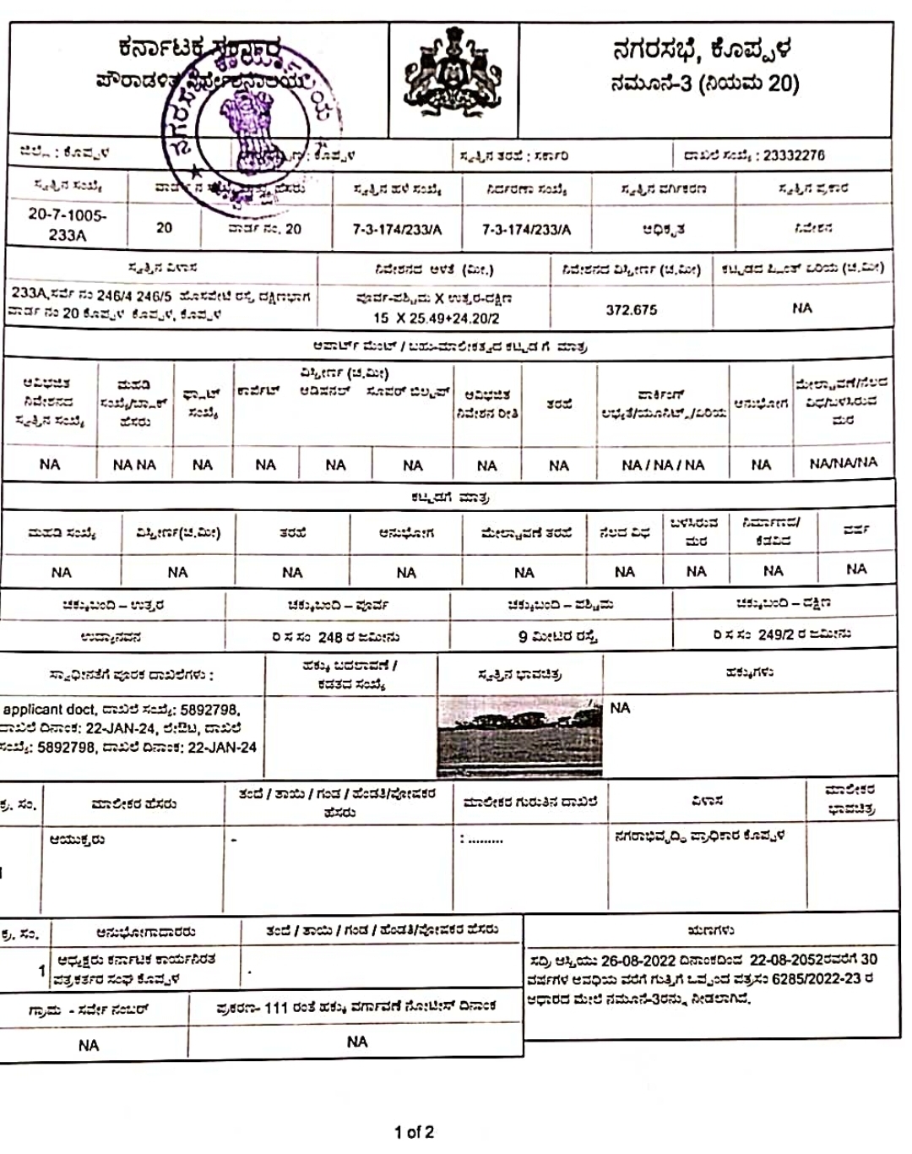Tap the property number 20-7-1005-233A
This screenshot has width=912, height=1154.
[68, 225]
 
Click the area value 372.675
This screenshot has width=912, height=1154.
[631, 310]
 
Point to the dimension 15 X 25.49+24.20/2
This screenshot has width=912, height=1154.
[437, 318]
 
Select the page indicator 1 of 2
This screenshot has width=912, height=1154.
[414, 1131]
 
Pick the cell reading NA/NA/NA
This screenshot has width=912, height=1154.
[843, 463]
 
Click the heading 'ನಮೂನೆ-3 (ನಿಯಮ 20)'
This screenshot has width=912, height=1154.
[704, 83]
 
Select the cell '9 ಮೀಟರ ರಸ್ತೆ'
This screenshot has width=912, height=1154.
[558, 636]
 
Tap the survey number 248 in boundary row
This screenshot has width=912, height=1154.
[330, 636]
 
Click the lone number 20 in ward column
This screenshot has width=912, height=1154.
[164, 228]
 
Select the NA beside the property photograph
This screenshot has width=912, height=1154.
[620, 708]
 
